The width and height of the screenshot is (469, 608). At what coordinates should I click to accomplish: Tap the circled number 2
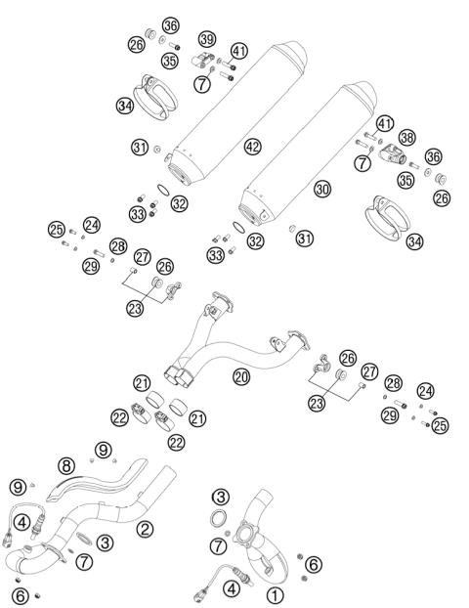click(x=145, y=529)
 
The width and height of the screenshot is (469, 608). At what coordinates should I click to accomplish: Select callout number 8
click(x=66, y=465)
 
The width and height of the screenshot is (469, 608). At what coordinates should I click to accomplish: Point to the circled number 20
click(x=241, y=374)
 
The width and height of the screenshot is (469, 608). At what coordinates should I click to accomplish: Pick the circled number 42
click(x=253, y=147)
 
